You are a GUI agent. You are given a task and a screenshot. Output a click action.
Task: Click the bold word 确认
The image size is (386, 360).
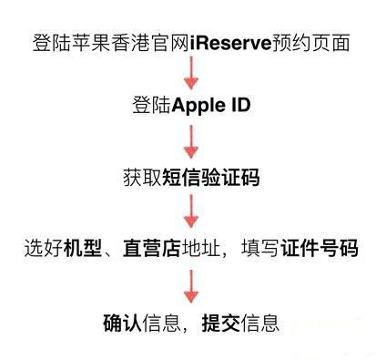[120, 322]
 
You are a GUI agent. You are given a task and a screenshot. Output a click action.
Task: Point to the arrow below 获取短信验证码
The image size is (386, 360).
[191, 212]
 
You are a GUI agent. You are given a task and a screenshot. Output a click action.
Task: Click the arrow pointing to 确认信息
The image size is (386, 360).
[191, 285]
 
